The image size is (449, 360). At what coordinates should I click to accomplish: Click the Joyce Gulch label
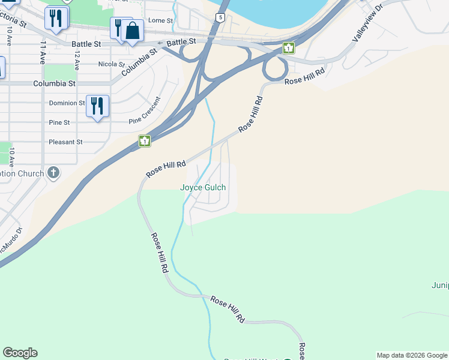pyautogui.click(x=203, y=187)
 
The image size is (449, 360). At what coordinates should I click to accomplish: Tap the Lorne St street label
pyautogui.click(x=161, y=20)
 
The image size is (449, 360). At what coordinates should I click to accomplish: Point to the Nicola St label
pyautogui.click(x=112, y=64)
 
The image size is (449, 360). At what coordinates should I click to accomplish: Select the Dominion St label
pyautogui.click(x=67, y=103)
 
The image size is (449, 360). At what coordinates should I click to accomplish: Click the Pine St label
pyautogui.click(x=59, y=122)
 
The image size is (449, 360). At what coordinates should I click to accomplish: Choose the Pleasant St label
pyautogui.click(x=66, y=142)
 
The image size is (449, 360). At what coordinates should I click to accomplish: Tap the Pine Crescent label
pyautogui.click(x=145, y=110)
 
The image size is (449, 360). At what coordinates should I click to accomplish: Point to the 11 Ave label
pyautogui.click(x=43, y=53)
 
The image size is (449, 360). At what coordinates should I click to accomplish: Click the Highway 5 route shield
pyautogui.click(x=221, y=18)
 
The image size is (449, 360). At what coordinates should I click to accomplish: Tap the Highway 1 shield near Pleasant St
pyautogui.click(x=144, y=142)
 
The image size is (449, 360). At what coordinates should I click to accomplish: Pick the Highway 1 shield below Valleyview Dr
pyautogui.click(x=289, y=48)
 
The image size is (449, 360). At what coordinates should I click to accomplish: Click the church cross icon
pyautogui.click(x=53, y=173)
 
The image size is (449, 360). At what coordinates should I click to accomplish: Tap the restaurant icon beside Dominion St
pyautogui.click(x=97, y=106)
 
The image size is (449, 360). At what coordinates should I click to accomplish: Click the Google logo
pyautogui.click(x=20, y=353)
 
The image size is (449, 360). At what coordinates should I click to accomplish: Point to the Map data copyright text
pyautogui.click(x=412, y=355)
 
